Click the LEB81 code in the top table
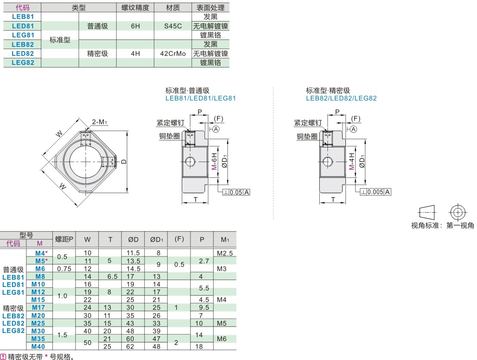(23, 17)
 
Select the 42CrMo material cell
(173, 54)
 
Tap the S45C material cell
(173, 26)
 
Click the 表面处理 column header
(211, 8)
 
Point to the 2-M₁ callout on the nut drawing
(99, 122)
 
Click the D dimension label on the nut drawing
(124, 162)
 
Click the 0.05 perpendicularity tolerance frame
(236, 192)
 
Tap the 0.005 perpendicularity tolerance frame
(376, 192)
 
